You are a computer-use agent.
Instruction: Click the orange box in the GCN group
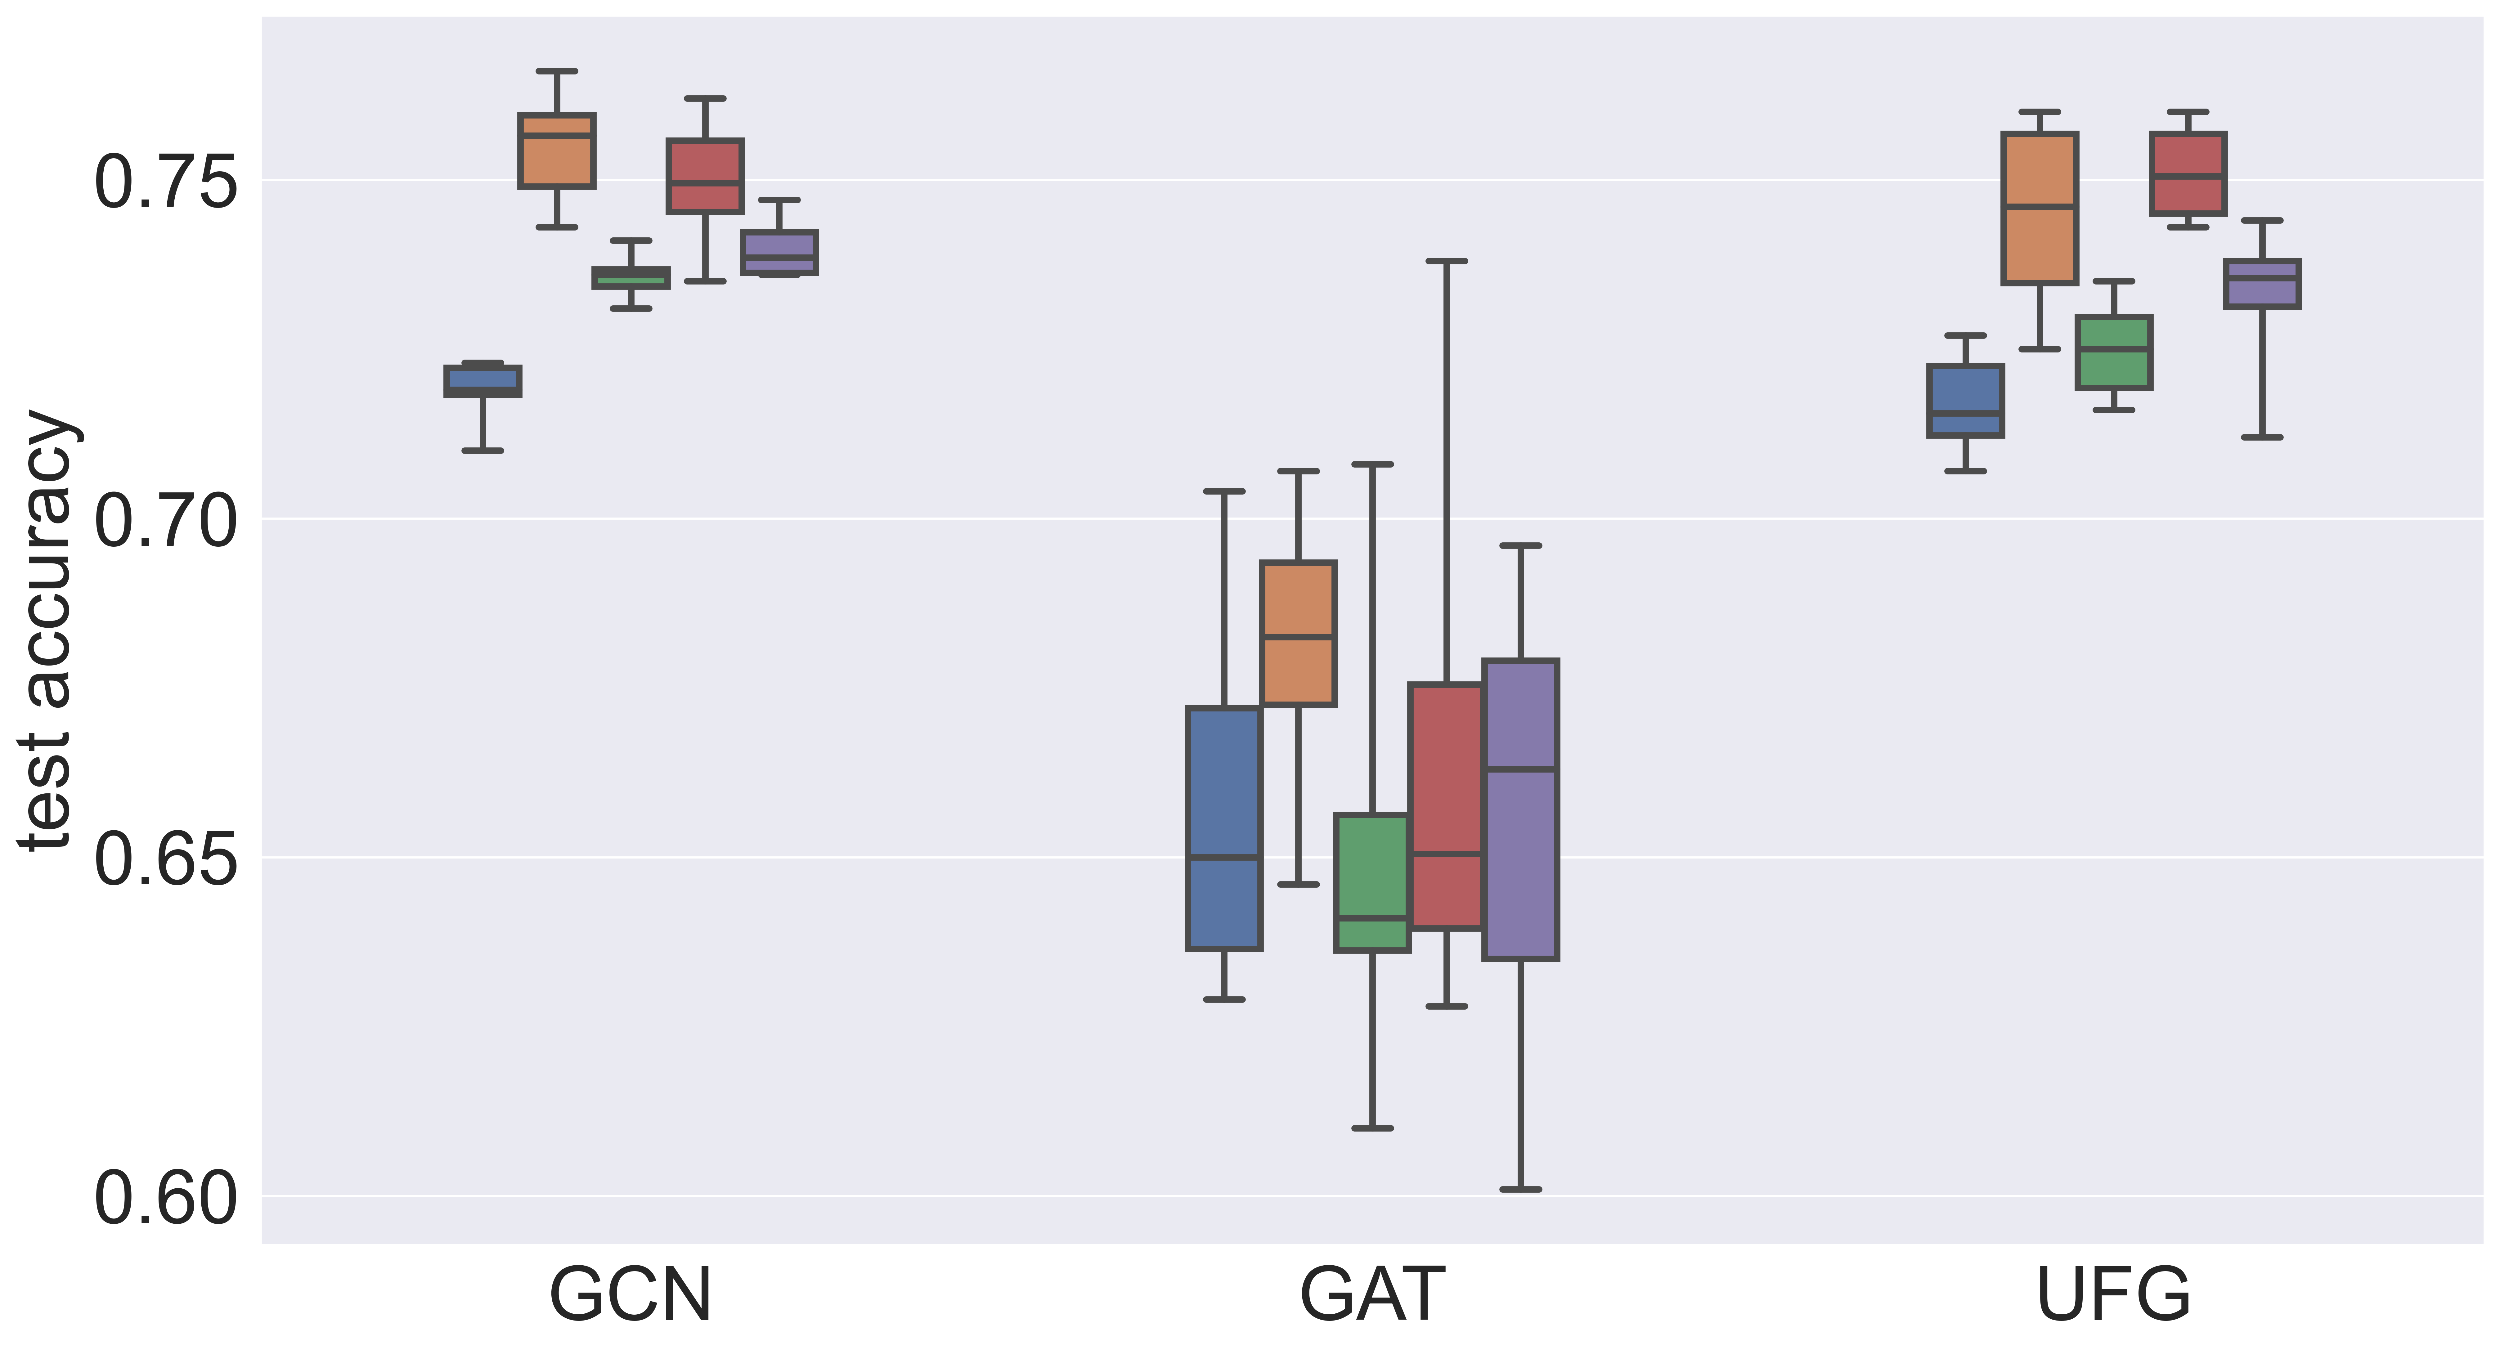pyautogui.click(x=557, y=150)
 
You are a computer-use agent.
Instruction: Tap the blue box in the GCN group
pyautogui.click(x=482, y=380)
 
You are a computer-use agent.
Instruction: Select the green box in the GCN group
pyautogui.click(x=631, y=278)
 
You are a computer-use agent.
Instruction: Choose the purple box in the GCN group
pyautogui.click(x=779, y=252)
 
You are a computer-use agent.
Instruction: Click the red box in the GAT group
pyautogui.click(x=1446, y=805)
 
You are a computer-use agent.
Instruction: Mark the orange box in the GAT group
pyautogui.click(x=1299, y=633)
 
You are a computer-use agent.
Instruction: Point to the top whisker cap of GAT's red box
pyautogui.click(x=1446, y=261)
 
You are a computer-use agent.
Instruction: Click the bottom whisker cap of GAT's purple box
pyautogui.click(x=1521, y=1189)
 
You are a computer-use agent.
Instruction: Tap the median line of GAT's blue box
pyautogui.click(x=1224, y=857)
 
